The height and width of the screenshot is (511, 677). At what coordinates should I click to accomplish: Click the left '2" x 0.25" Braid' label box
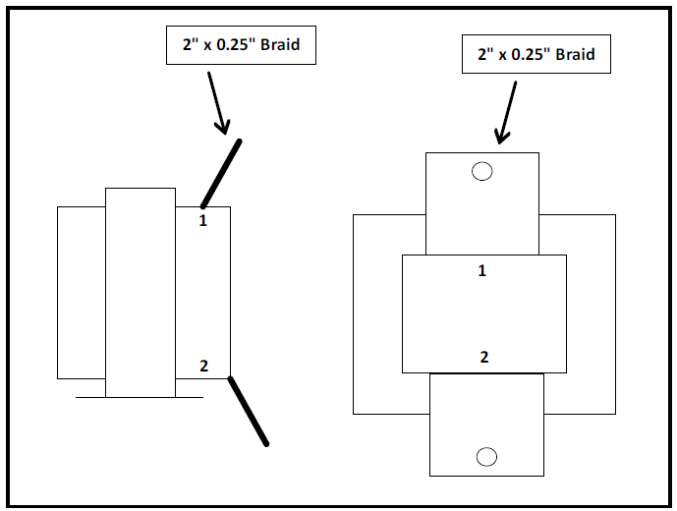pos(240,46)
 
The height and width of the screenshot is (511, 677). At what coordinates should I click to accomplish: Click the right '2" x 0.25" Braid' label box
pos(536,54)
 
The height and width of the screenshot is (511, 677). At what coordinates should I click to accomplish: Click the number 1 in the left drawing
pos(202,221)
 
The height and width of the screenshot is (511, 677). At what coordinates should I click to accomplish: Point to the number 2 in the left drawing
pos(203,367)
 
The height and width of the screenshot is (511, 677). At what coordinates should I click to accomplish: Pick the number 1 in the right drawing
pos(481,270)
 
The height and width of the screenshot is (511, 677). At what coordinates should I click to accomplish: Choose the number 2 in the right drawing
pos(483,357)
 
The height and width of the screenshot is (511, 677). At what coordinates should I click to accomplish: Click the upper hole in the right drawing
pos(481,172)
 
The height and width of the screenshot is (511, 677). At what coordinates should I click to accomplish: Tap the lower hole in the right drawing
pos(486,456)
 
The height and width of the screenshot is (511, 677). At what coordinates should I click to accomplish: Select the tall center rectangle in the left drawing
pos(140,293)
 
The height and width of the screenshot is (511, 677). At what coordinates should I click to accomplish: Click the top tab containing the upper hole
pos(481,202)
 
